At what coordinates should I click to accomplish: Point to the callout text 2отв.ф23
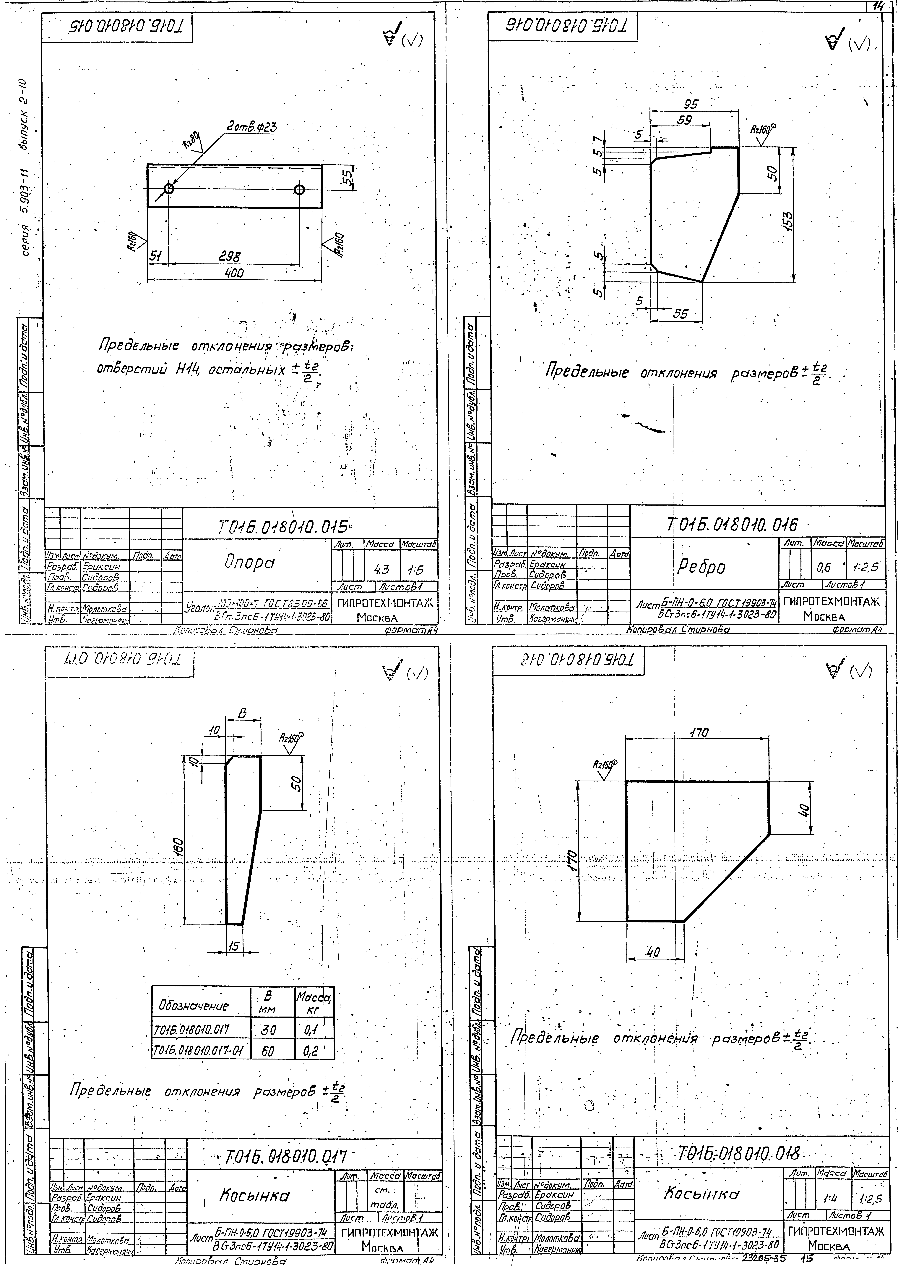click(x=252, y=128)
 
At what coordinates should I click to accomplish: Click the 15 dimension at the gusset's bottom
click(x=234, y=946)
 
